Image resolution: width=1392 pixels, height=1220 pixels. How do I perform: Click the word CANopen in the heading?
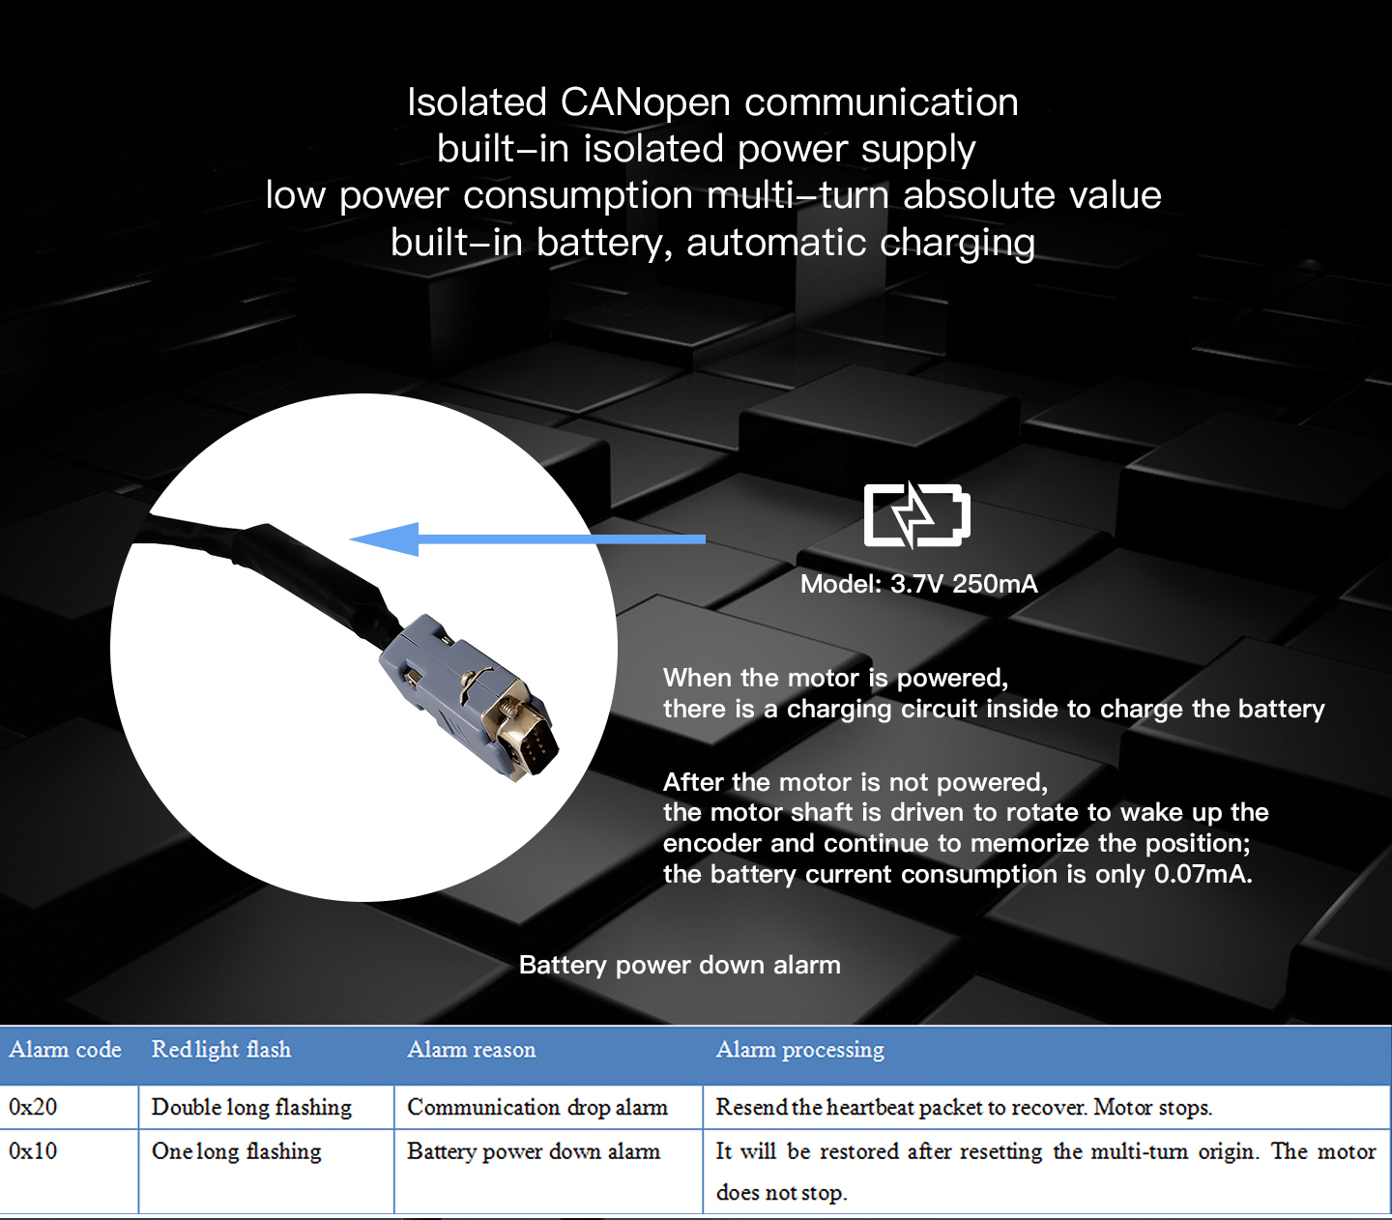(x=645, y=102)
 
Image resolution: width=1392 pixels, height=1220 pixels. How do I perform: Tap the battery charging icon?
(x=916, y=515)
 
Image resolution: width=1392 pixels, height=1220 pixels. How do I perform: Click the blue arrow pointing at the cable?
(x=528, y=538)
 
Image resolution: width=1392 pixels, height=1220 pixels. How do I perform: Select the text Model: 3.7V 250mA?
(x=918, y=584)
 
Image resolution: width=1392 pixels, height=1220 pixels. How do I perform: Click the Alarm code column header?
(x=66, y=1050)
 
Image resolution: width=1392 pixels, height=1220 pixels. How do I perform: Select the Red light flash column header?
(x=221, y=1050)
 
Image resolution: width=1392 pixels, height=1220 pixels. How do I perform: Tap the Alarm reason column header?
(x=472, y=1050)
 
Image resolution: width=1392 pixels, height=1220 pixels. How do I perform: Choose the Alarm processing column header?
(x=799, y=1050)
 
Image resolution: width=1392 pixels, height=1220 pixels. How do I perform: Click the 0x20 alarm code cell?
(x=33, y=1107)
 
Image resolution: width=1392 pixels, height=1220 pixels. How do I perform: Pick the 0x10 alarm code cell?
(x=33, y=1151)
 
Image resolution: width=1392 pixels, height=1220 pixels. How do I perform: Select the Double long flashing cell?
(x=251, y=1108)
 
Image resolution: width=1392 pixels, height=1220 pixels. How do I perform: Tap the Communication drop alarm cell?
(x=537, y=1107)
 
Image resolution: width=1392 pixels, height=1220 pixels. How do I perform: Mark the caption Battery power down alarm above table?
(x=680, y=965)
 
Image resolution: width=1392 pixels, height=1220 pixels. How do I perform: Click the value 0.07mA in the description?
(x=1203, y=874)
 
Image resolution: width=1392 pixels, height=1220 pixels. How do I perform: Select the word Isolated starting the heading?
(x=477, y=102)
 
